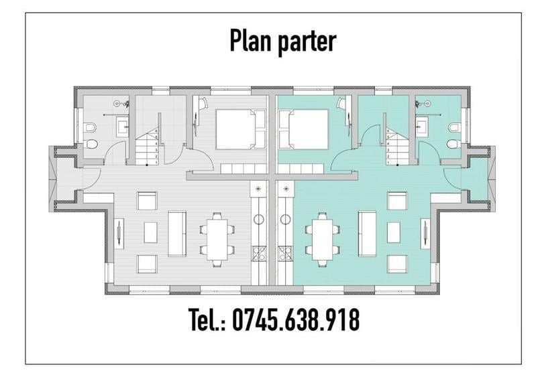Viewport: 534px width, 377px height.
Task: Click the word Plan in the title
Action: click(251, 40)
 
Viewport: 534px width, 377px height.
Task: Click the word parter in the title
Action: click(305, 42)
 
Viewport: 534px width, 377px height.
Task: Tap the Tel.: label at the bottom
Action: click(207, 320)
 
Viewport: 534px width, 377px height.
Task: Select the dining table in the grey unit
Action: click(217, 238)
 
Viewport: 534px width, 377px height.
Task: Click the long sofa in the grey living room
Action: click(177, 233)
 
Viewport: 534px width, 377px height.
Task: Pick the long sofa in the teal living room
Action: click(366, 233)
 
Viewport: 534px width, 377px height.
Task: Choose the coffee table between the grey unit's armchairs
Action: click(150, 232)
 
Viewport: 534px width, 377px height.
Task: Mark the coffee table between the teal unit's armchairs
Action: click(393, 232)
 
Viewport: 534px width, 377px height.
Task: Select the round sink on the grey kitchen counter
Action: click(258, 218)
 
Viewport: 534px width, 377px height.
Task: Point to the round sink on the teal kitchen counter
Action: click(286, 218)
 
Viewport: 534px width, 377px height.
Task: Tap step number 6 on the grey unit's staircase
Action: click(156, 131)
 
